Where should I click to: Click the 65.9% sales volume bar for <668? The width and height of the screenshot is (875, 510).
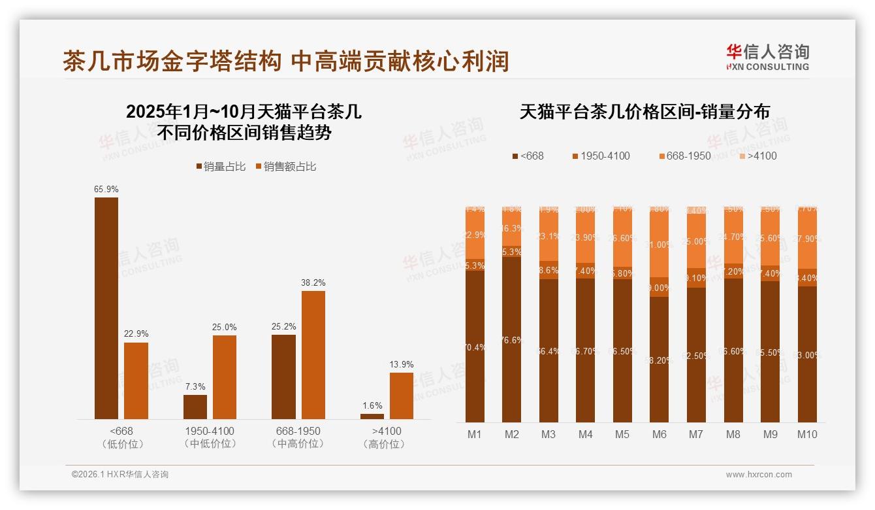click(x=106, y=307)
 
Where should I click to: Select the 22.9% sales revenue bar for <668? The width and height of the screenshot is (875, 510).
click(x=136, y=381)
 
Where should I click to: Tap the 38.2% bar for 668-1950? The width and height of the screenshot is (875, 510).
click(x=313, y=354)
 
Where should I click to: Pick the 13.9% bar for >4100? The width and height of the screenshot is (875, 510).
click(x=401, y=396)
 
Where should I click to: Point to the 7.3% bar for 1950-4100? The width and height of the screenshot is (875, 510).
click(x=195, y=407)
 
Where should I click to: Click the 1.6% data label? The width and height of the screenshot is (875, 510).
click(x=372, y=406)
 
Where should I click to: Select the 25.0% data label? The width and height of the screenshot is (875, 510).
click(x=225, y=327)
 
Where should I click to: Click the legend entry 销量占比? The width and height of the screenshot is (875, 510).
click(x=220, y=167)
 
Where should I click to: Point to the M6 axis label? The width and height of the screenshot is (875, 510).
click(x=659, y=434)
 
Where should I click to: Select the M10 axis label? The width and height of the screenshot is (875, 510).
click(x=807, y=434)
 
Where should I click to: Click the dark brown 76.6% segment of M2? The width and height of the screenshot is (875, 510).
click(x=512, y=339)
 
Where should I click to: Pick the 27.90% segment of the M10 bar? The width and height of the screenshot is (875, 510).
click(x=807, y=239)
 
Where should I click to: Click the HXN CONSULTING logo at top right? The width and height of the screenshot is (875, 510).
click(x=767, y=58)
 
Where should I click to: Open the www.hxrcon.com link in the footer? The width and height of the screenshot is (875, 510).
click(x=759, y=475)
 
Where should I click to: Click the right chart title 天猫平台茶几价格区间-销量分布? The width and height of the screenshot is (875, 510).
click(x=644, y=112)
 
